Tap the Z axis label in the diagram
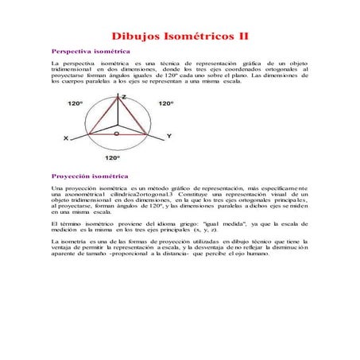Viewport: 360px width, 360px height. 123,96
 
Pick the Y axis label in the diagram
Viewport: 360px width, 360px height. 168,137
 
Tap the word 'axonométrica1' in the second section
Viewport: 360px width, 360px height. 80,194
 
